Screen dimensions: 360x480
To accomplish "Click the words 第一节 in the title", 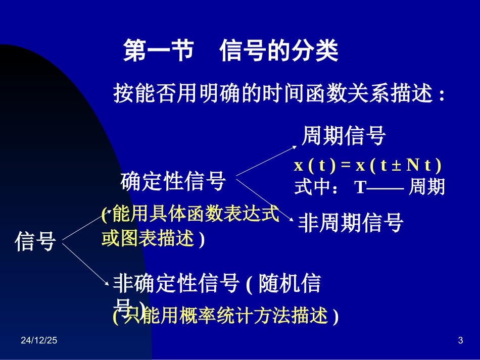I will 159,52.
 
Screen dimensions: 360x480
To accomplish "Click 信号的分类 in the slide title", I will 279,52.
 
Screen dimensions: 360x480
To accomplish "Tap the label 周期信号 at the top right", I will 344,136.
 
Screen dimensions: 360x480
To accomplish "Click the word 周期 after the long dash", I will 426,187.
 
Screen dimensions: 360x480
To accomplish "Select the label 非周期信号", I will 350,223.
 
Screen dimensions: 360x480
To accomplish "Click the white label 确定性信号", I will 173,181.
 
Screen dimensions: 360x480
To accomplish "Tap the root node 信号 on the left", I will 35,241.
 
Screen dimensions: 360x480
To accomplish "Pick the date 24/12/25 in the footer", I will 39,341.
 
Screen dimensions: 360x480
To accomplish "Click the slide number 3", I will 460,341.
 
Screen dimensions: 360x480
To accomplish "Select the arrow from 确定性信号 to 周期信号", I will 266,160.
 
